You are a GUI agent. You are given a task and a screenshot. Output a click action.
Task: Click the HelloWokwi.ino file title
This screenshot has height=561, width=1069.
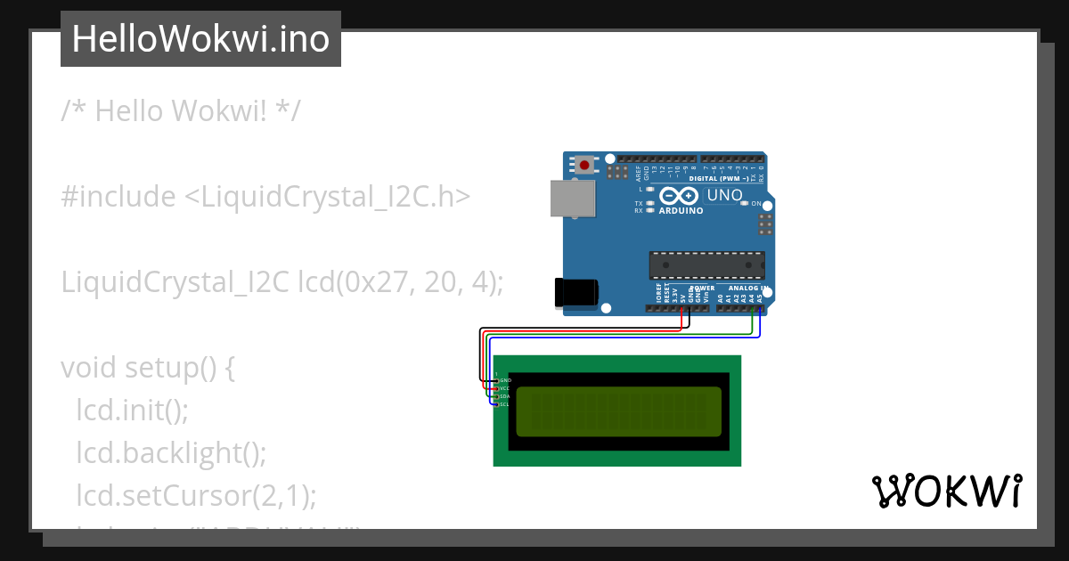(x=200, y=39)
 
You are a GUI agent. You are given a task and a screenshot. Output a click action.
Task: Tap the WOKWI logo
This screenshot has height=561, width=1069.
(x=946, y=491)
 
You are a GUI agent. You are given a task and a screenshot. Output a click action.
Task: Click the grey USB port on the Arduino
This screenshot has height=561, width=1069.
(x=571, y=199)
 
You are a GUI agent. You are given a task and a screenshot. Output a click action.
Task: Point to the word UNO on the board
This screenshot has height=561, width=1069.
(x=724, y=195)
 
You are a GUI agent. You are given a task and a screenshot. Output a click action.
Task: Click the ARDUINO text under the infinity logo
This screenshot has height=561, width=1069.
(x=681, y=211)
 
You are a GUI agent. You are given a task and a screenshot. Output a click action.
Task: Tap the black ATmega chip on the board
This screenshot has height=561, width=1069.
(x=706, y=264)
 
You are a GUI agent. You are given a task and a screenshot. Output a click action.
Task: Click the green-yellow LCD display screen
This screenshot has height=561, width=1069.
(x=617, y=411)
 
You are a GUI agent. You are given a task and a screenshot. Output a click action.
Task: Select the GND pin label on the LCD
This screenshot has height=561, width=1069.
(x=505, y=380)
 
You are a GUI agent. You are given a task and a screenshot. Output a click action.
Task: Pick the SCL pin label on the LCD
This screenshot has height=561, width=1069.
(x=504, y=404)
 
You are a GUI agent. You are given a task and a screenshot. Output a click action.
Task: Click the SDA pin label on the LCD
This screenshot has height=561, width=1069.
(x=504, y=396)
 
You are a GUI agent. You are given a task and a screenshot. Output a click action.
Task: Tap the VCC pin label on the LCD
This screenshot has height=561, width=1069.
(x=504, y=388)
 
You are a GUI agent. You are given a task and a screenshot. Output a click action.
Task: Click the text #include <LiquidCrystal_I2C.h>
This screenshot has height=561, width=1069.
(x=265, y=197)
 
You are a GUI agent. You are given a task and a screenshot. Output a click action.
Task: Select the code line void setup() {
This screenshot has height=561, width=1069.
(x=148, y=368)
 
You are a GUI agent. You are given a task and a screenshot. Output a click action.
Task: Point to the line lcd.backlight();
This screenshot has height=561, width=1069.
(x=171, y=452)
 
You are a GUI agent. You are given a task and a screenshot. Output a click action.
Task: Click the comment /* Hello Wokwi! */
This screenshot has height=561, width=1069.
(x=182, y=111)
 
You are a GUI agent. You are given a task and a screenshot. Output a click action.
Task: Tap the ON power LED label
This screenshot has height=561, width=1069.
(x=756, y=204)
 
